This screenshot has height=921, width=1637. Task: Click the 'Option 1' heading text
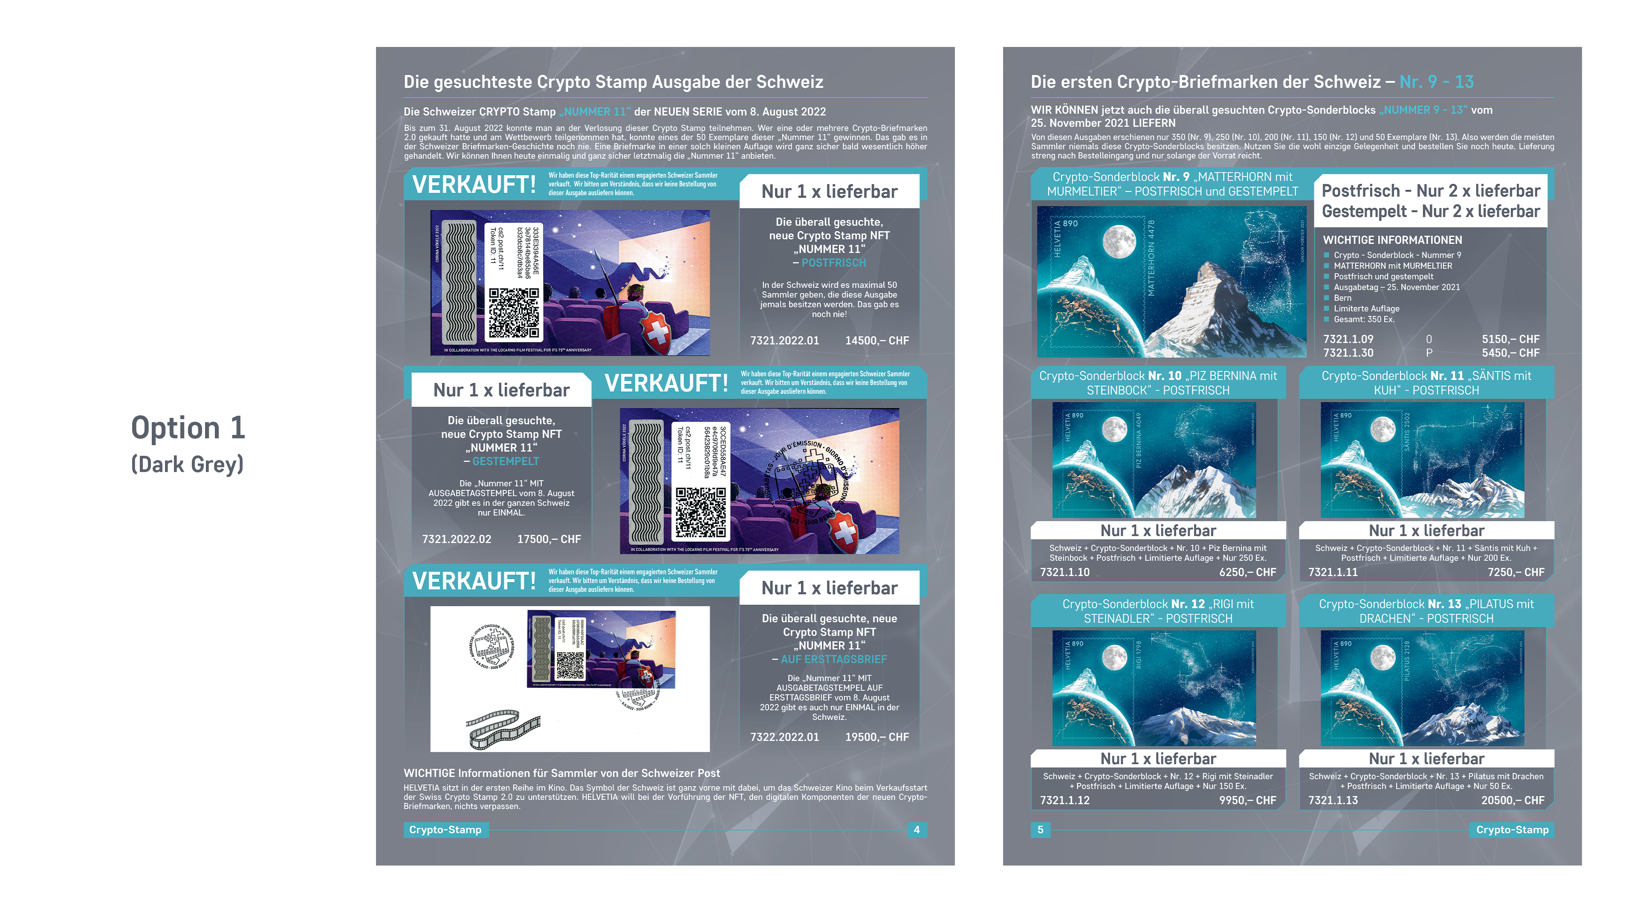[188, 428]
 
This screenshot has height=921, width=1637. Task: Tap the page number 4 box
[917, 829]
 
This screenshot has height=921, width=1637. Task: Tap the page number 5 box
[1040, 829]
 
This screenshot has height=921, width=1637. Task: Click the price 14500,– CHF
[876, 341]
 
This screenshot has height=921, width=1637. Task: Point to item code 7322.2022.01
[784, 737]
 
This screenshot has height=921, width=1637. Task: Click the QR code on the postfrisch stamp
[513, 312]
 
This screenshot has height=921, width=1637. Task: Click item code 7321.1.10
[1064, 572]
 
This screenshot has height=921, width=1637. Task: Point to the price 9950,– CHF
[1247, 800]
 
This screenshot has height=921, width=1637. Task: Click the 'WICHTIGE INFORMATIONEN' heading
[1392, 240]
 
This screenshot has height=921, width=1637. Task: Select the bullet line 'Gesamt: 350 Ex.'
[1364, 319]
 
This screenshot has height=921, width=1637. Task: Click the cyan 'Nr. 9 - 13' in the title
[1436, 82]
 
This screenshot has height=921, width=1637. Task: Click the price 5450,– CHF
[1510, 353]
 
